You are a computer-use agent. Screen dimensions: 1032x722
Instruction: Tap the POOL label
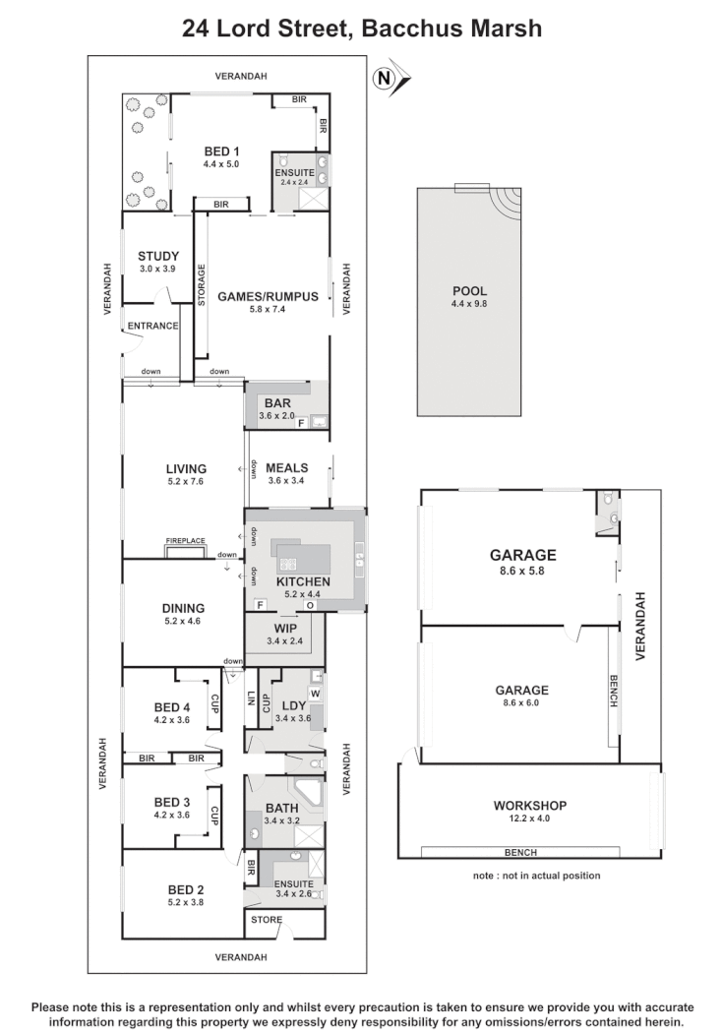(x=469, y=291)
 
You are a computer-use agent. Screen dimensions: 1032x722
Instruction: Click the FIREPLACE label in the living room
(x=185, y=542)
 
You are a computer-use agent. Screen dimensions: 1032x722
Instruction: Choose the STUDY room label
(x=157, y=256)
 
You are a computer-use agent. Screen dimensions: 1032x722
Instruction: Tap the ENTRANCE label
(x=151, y=326)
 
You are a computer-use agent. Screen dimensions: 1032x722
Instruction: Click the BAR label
(x=276, y=402)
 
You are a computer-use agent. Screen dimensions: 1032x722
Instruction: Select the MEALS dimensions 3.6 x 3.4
(x=286, y=482)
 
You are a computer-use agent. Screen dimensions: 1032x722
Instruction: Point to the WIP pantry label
(x=286, y=627)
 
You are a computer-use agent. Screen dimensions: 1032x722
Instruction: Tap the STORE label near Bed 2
(x=266, y=921)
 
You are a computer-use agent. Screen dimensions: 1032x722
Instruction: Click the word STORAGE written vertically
(x=201, y=284)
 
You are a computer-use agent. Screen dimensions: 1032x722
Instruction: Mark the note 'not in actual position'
(x=536, y=875)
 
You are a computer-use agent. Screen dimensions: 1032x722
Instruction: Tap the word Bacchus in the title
(x=412, y=29)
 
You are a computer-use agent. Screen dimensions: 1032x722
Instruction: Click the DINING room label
(x=183, y=608)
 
